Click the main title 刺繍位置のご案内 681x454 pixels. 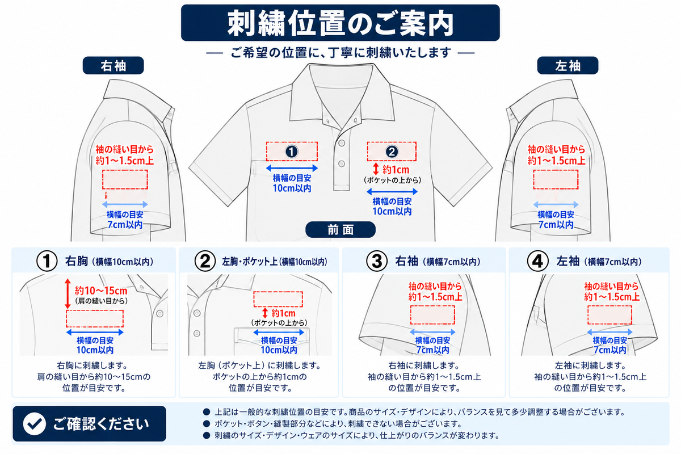click(x=340, y=23)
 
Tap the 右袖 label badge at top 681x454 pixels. click(x=113, y=65)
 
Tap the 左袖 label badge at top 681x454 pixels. click(x=567, y=65)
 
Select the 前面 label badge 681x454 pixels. click(x=340, y=230)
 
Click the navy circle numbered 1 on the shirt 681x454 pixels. click(x=292, y=152)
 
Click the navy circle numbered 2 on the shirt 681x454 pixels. click(x=392, y=152)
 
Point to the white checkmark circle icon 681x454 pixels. click(x=35, y=423)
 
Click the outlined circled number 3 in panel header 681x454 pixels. click(x=377, y=261)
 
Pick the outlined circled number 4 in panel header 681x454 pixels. click(x=537, y=261)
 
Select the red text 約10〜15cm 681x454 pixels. click(x=101, y=291)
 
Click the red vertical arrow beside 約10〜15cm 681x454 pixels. click(x=68, y=294)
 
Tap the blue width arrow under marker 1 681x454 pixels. click(x=292, y=168)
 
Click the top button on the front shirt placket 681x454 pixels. click(x=342, y=143)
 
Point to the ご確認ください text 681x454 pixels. click(x=101, y=424)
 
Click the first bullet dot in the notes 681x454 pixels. click(x=207, y=412)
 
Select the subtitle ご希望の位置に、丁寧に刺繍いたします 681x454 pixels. click(x=340, y=53)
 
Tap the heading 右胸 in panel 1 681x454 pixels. click(x=77, y=261)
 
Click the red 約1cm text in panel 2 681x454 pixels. click(x=283, y=313)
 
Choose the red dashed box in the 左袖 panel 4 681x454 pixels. click(x=609, y=315)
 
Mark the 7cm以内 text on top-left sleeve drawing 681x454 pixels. click(x=125, y=225)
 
